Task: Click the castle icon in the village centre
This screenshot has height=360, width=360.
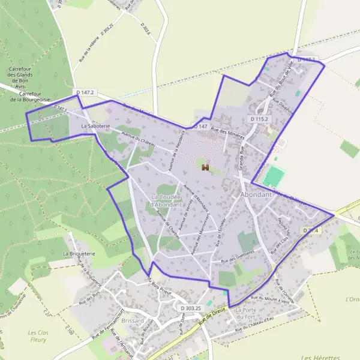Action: pyautogui.click(x=205, y=167)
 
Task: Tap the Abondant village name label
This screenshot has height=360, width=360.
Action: pyautogui.click(x=256, y=195)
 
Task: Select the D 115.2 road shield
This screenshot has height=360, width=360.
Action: pyautogui.click(x=260, y=119)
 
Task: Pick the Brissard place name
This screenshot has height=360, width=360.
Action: pyautogui.click(x=133, y=320)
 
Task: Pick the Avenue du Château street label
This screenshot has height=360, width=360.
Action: pyautogui.click(x=139, y=141)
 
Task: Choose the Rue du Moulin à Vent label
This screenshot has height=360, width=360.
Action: pyautogui.click(x=269, y=300)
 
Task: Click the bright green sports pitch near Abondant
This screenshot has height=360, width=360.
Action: pyautogui.click(x=274, y=176)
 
